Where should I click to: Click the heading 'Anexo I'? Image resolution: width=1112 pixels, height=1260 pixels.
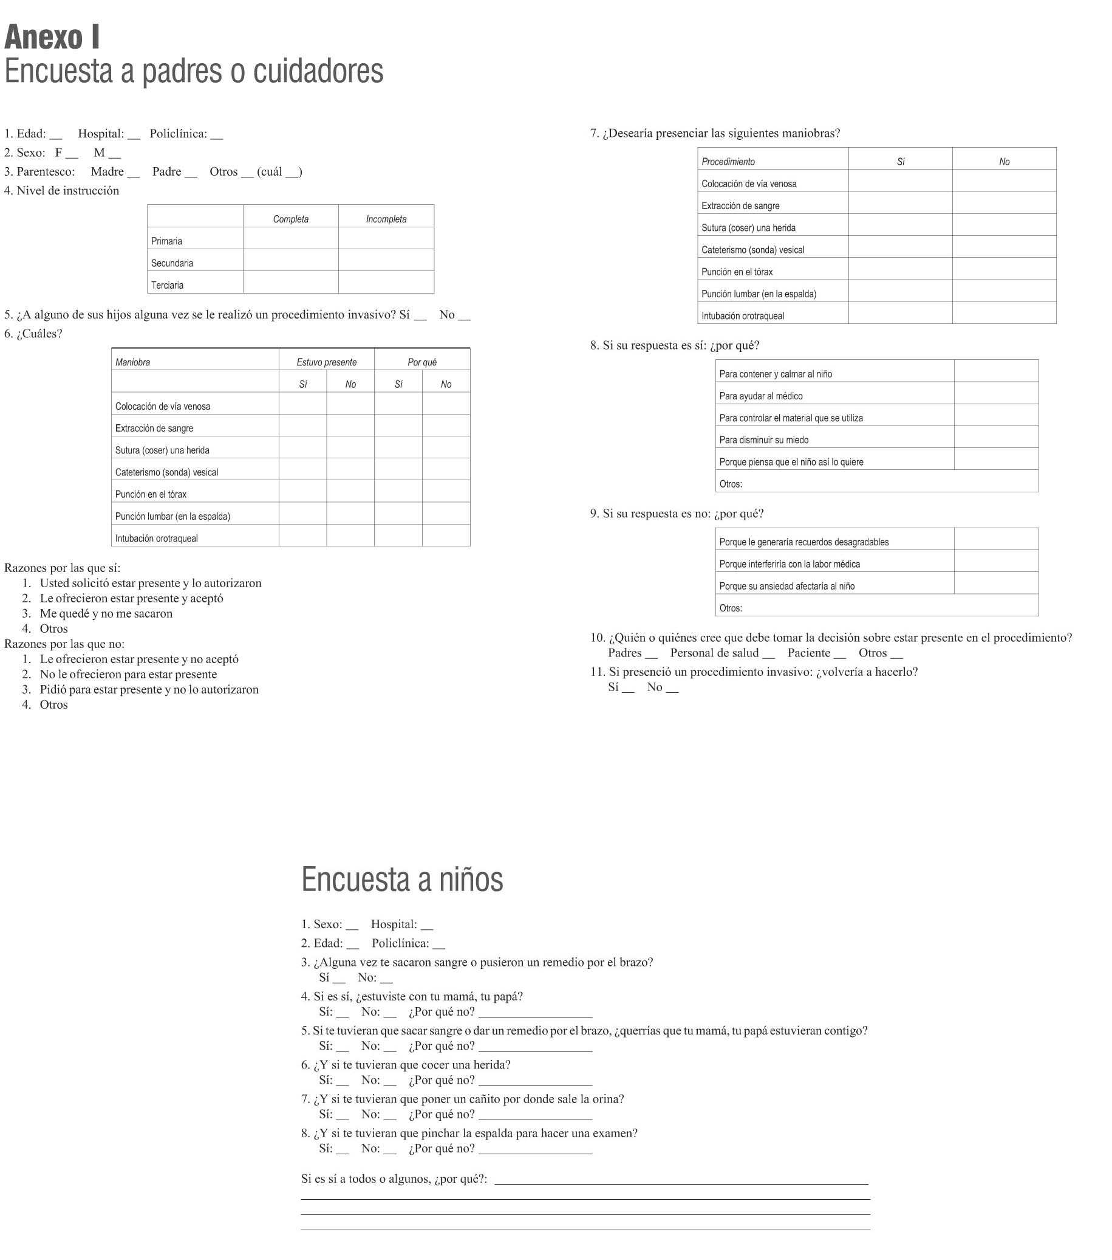point(52,38)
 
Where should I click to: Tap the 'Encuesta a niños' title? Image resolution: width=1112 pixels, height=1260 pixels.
point(401,879)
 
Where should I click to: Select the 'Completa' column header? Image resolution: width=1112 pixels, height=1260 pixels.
point(290,219)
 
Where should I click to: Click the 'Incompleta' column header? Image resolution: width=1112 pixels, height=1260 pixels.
point(386,219)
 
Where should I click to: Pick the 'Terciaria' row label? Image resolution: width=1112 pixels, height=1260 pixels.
point(167,285)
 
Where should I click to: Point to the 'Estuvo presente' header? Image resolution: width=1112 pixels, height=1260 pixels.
point(326,362)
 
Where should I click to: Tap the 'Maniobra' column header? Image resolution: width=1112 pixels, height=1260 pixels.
point(132,362)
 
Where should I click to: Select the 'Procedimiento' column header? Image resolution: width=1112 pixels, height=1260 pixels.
point(728,162)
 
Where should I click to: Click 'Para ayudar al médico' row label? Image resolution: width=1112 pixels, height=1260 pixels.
point(760,396)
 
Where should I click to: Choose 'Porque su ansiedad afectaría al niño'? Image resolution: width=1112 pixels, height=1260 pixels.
point(786,585)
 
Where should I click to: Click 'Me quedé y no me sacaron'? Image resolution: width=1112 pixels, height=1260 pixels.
point(106,613)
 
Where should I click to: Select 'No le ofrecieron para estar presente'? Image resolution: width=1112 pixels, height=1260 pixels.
point(128,675)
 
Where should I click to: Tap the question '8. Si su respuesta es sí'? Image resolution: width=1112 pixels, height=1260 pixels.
point(675,345)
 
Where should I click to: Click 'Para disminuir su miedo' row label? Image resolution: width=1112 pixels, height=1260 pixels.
point(763,439)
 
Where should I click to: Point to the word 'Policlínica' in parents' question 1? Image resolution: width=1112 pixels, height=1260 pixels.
point(178,134)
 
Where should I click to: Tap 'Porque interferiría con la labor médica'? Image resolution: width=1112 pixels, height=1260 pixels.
point(789,563)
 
